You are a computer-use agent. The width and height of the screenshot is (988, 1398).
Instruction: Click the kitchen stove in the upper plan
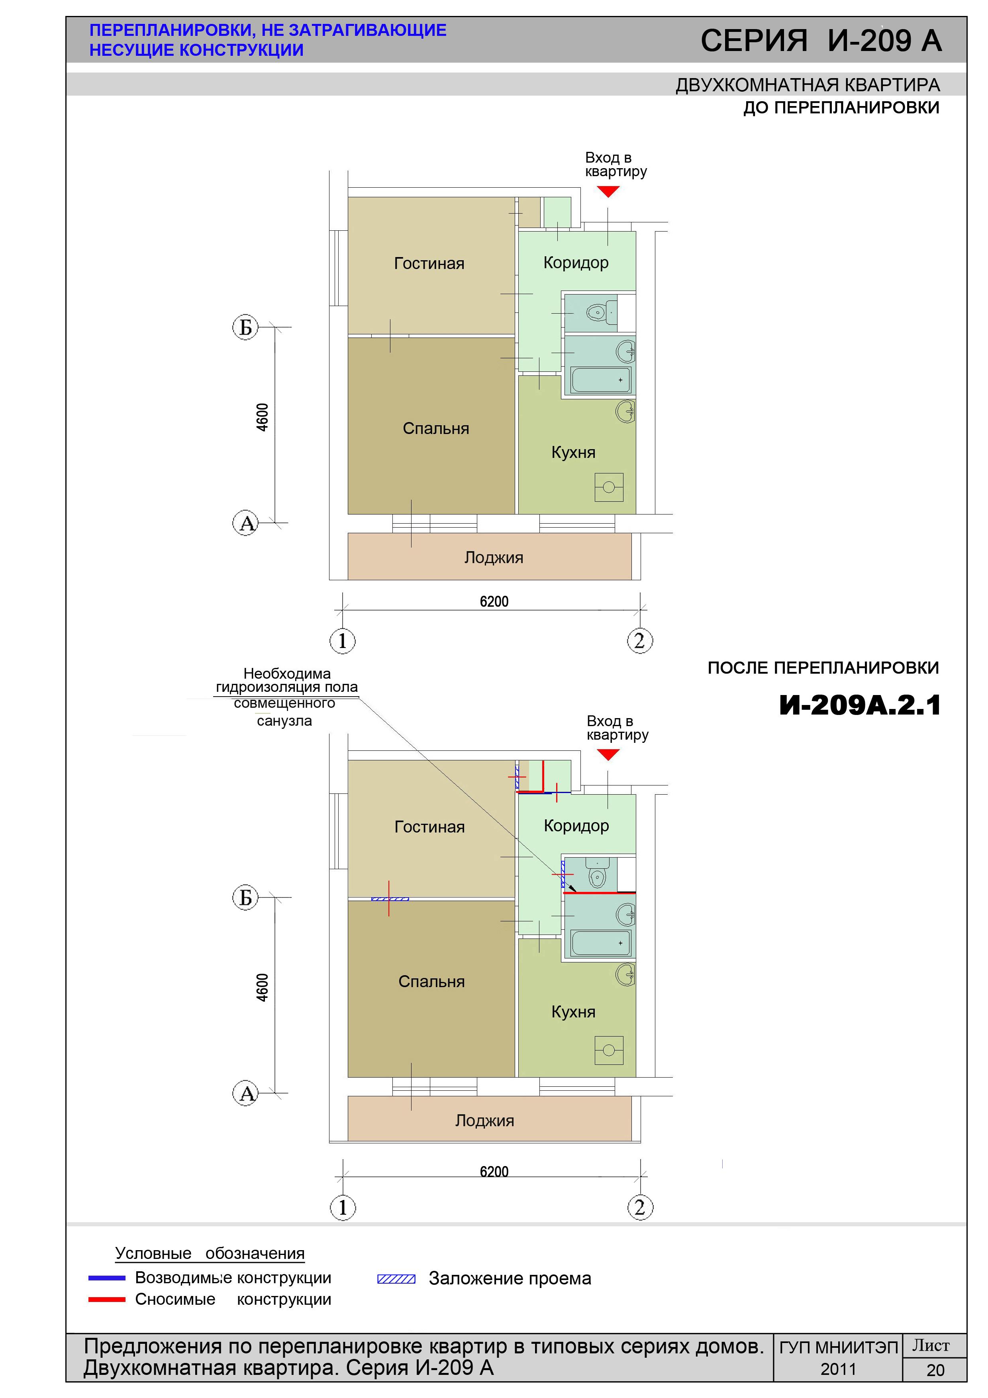609,487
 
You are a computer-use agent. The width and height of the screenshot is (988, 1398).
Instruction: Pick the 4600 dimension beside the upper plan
262,417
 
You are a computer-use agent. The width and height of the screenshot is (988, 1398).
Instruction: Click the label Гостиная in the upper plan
429,264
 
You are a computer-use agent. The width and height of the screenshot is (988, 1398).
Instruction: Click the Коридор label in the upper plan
576,263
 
